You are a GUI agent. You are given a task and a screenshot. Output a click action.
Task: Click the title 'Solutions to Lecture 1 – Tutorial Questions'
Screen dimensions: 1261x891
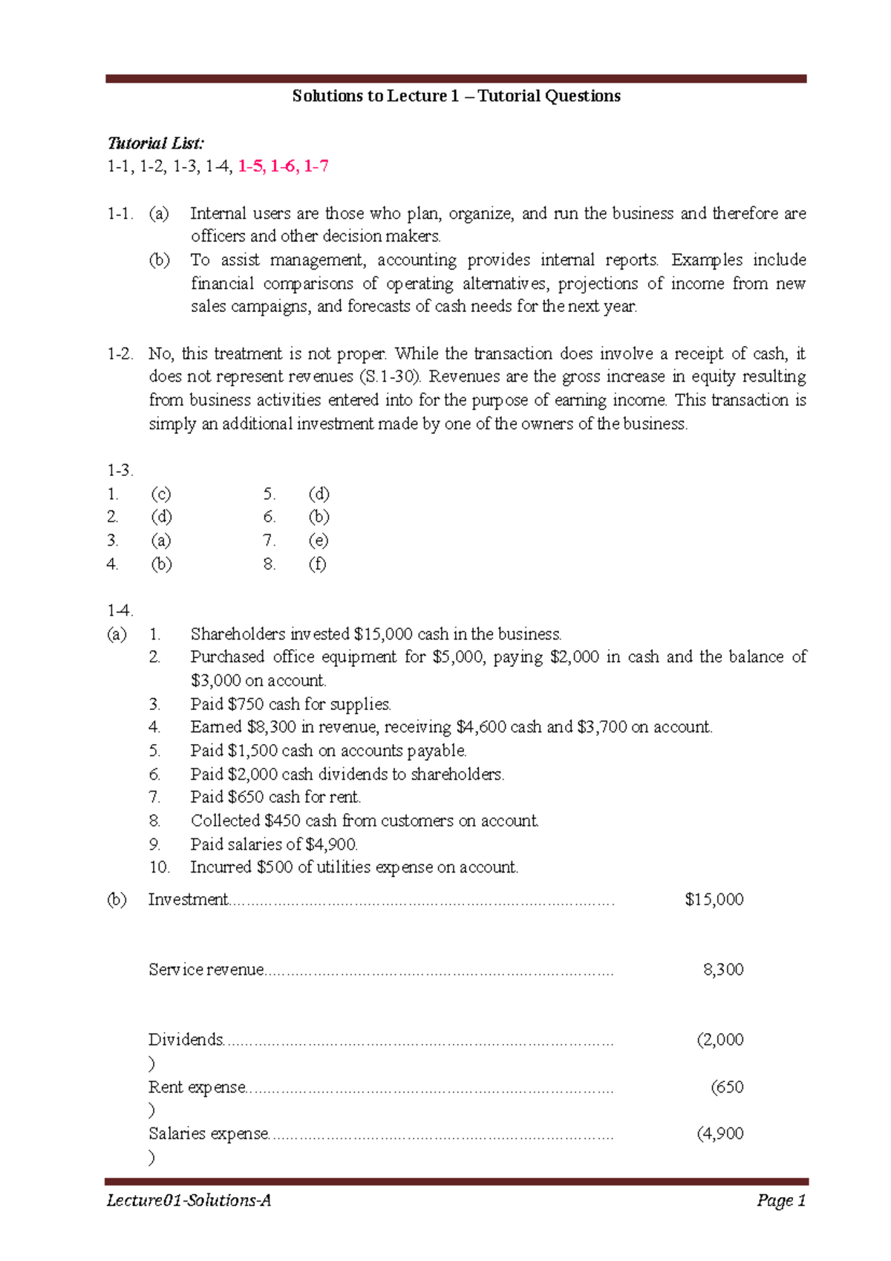[456, 96]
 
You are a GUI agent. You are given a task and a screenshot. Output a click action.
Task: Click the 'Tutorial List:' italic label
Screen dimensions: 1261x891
[155, 143]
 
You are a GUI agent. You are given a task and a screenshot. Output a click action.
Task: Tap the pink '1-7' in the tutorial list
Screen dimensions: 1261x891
[316, 166]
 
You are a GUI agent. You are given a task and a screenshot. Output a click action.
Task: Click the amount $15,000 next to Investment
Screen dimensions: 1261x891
[714, 899]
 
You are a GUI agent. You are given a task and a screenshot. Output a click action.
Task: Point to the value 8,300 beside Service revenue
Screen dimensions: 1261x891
[722, 969]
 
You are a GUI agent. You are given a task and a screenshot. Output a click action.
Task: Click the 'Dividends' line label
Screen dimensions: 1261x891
[186, 1039]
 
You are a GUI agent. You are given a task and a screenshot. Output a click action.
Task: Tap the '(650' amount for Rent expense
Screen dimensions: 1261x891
[727, 1087]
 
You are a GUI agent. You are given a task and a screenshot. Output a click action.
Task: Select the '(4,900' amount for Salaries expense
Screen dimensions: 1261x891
[719, 1133]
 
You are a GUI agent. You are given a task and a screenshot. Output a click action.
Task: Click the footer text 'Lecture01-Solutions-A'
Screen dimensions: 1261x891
[189, 1201]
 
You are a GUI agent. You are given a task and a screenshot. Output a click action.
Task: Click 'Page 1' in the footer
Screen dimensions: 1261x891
[781, 1201]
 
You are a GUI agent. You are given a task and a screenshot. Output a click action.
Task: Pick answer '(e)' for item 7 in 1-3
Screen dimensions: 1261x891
[318, 541]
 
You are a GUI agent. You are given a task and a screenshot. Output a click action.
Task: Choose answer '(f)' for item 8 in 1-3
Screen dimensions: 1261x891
[317, 564]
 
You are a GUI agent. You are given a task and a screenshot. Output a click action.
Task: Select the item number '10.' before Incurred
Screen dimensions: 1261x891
[159, 867]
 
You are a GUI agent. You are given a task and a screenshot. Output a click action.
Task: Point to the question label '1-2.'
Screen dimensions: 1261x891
[120, 353]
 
